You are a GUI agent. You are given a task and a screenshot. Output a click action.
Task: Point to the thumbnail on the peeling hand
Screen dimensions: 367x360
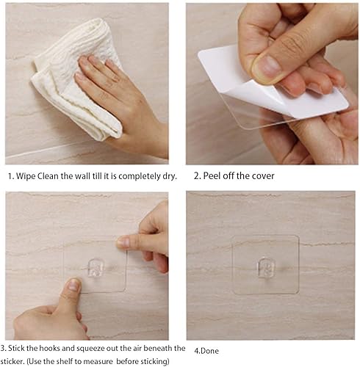pyautogui.click(x=267, y=68)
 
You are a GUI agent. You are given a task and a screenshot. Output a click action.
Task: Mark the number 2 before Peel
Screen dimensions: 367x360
pyautogui.click(x=196, y=176)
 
